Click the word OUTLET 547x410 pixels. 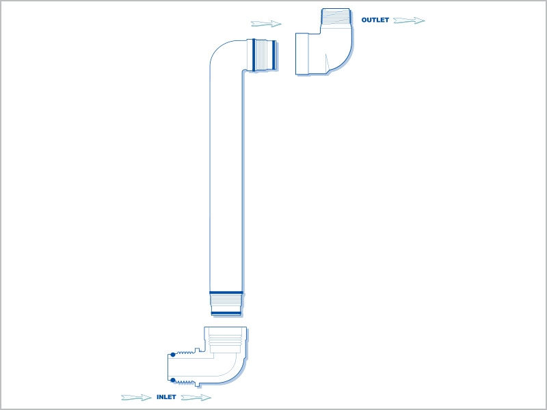click(375, 20)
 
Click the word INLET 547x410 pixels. click(166, 397)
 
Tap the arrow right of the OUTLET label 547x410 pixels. click(409, 20)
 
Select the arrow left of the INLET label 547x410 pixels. click(136, 398)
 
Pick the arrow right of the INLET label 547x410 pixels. click(196, 398)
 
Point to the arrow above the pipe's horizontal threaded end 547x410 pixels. click(266, 24)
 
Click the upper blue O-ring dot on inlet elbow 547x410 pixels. click(173, 355)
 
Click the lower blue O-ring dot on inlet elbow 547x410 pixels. click(173, 380)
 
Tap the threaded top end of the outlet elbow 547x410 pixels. click(336, 18)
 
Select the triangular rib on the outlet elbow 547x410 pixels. click(328, 62)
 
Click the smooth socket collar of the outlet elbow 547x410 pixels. click(302, 54)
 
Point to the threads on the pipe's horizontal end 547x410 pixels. click(264, 55)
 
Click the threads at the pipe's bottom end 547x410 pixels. click(226, 303)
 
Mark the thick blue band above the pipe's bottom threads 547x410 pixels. click(226, 293)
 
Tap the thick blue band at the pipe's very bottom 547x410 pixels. click(226, 314)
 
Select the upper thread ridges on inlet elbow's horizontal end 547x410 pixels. click(185, 353)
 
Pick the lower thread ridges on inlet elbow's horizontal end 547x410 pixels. click(185, 383)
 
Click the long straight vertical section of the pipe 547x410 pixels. click(226, 181)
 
